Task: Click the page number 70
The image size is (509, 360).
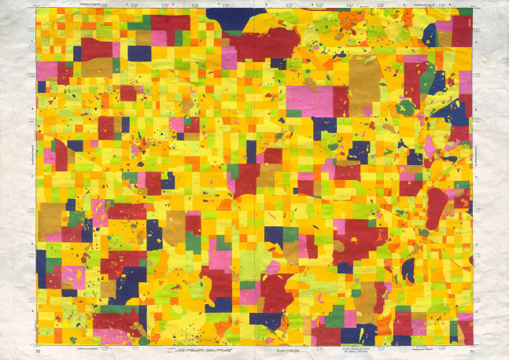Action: (37, 351)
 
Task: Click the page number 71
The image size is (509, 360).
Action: (471, 351)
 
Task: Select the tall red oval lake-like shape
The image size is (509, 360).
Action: (437, 208)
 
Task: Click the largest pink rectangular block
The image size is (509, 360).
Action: (309, 99)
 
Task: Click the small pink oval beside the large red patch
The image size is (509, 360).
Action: (277, 268)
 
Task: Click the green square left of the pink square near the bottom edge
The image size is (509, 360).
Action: (335, 315)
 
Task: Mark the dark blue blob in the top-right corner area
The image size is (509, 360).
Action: (430, 33)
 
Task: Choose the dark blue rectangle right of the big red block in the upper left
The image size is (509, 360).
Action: (139, 53)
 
